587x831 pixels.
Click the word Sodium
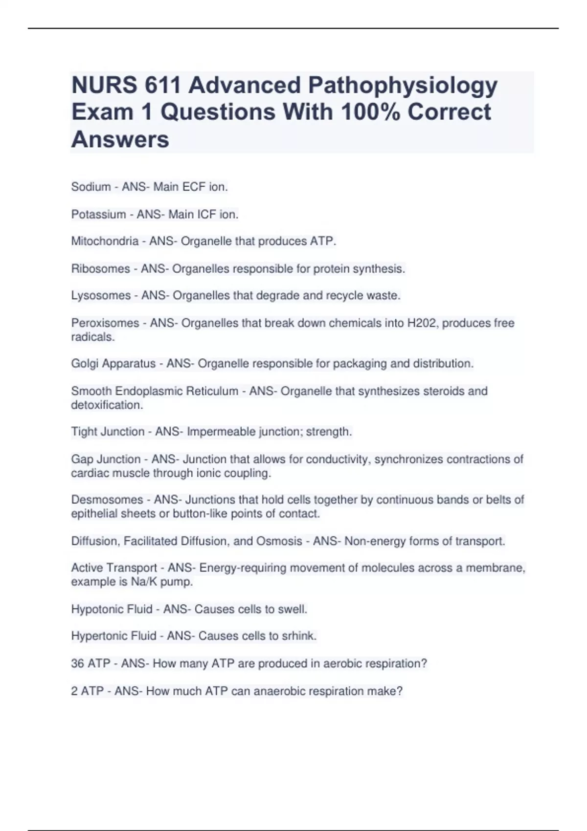(91, 187)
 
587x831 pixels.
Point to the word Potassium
(98, 214)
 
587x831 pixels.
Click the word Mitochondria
(105, 241)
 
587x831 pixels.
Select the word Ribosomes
(101, 268)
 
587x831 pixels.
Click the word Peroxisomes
(105, 323)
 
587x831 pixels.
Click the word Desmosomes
(107, 500)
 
